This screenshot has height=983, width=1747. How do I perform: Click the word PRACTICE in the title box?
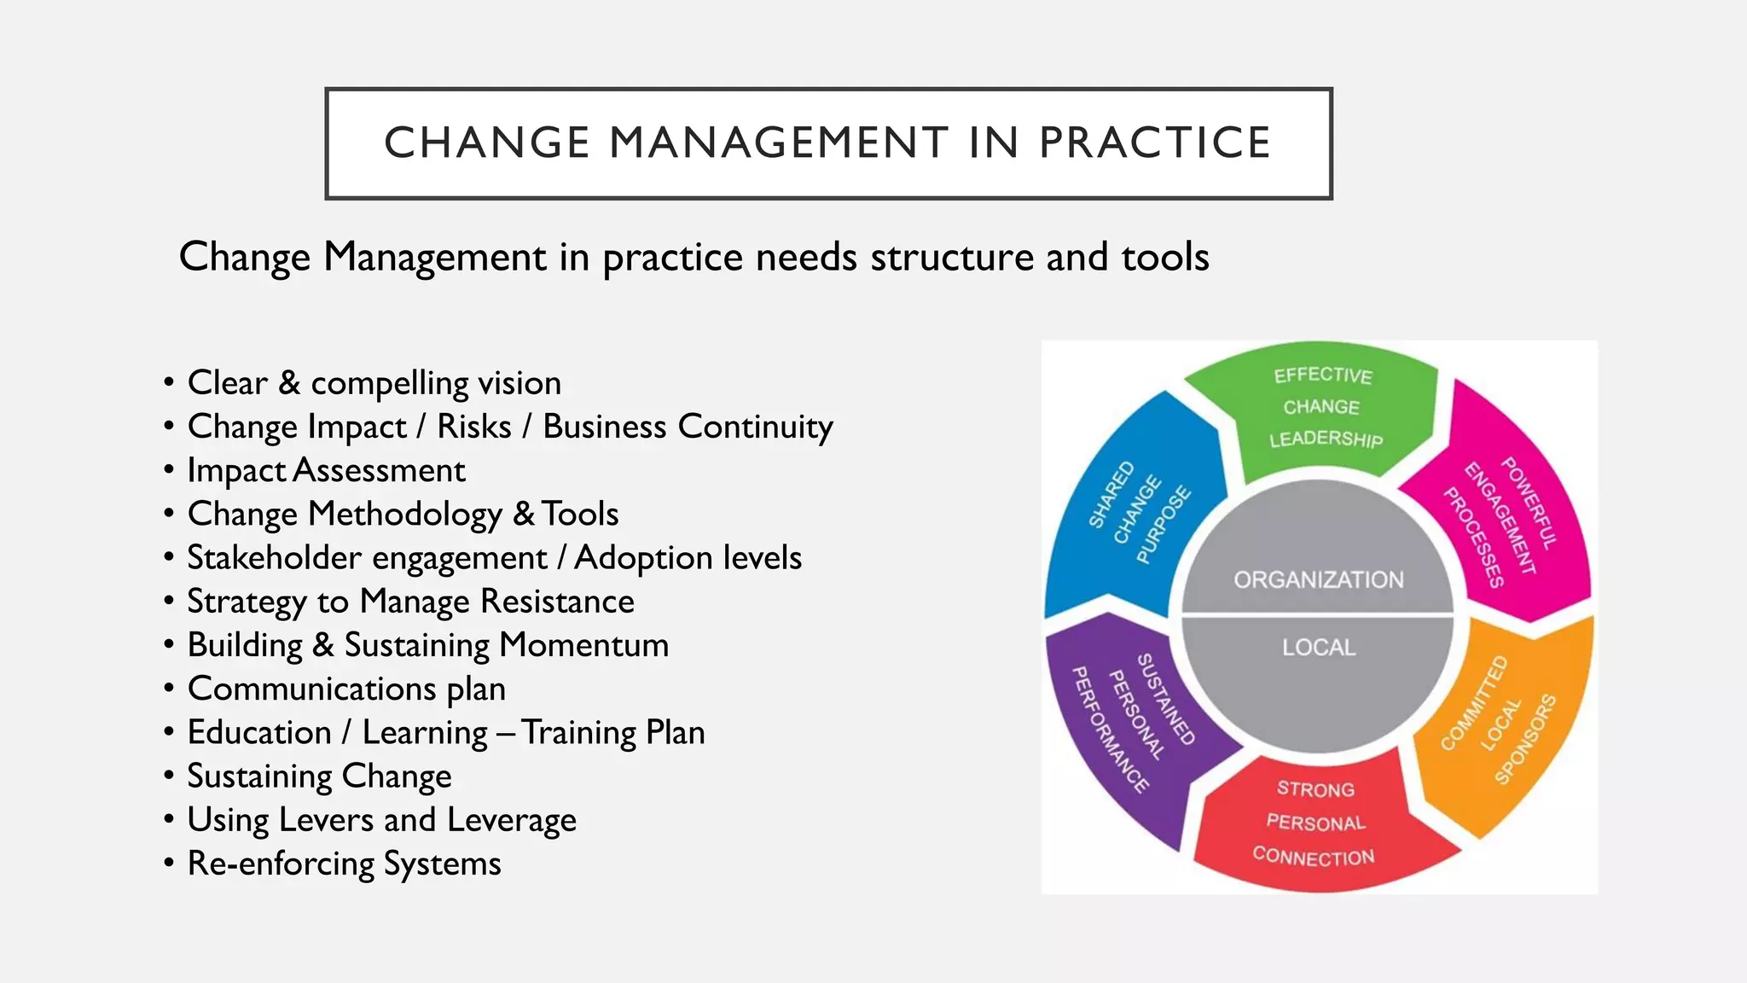coord(1154,143)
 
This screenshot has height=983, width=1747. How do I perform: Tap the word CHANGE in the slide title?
coord(487,143)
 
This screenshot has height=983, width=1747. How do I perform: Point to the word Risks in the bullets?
coord(474,427)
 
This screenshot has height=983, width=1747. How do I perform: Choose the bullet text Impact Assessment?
coord(327,470)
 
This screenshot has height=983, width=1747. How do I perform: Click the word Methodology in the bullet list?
coord(405,514)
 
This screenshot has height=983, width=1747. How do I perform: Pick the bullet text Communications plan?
coord(346,689)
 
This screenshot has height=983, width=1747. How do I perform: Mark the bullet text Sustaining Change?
coord(319,777)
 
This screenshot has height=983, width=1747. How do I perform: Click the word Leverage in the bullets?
coord(512,820)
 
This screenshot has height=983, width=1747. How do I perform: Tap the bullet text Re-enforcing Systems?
coord(344,864)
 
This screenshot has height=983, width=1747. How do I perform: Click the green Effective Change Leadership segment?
coord(1321,407)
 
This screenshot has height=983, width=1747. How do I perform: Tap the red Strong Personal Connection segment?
coord(1315,823)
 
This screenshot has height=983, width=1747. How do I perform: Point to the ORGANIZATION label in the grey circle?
coord(1318,580)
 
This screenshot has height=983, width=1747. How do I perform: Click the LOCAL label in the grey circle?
coord(1319,648)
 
